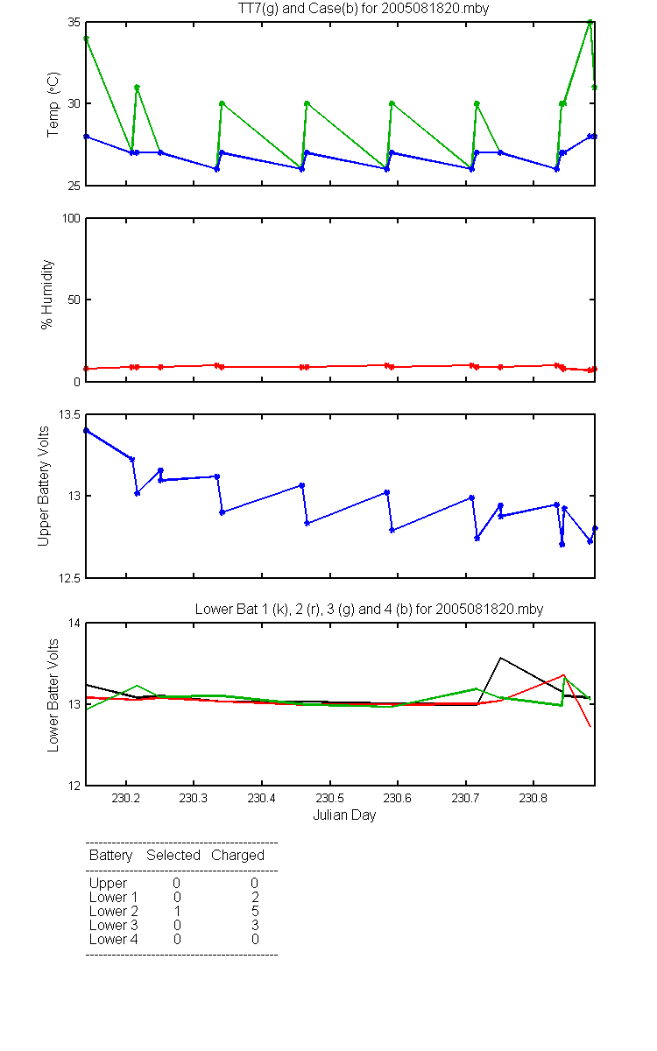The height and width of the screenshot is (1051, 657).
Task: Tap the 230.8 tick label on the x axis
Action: point(533,798)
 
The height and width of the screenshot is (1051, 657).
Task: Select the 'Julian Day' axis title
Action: point(344,815)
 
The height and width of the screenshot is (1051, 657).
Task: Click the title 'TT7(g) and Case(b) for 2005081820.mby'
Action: point(364,9)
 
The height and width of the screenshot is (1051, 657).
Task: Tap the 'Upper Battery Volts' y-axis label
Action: point(43,486)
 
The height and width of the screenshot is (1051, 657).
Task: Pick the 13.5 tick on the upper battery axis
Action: point(69,415)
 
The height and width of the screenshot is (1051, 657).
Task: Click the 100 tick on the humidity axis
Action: point(71,218)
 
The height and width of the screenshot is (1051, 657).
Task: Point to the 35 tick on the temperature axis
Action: point(74,23)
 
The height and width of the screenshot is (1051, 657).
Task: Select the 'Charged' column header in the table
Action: point(237,856)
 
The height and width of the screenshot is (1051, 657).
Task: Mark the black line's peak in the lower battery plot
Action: point(501,658)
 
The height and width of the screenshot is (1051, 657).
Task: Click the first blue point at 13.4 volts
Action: point(86,430)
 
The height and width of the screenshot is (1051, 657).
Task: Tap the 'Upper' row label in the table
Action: point(108,884)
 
